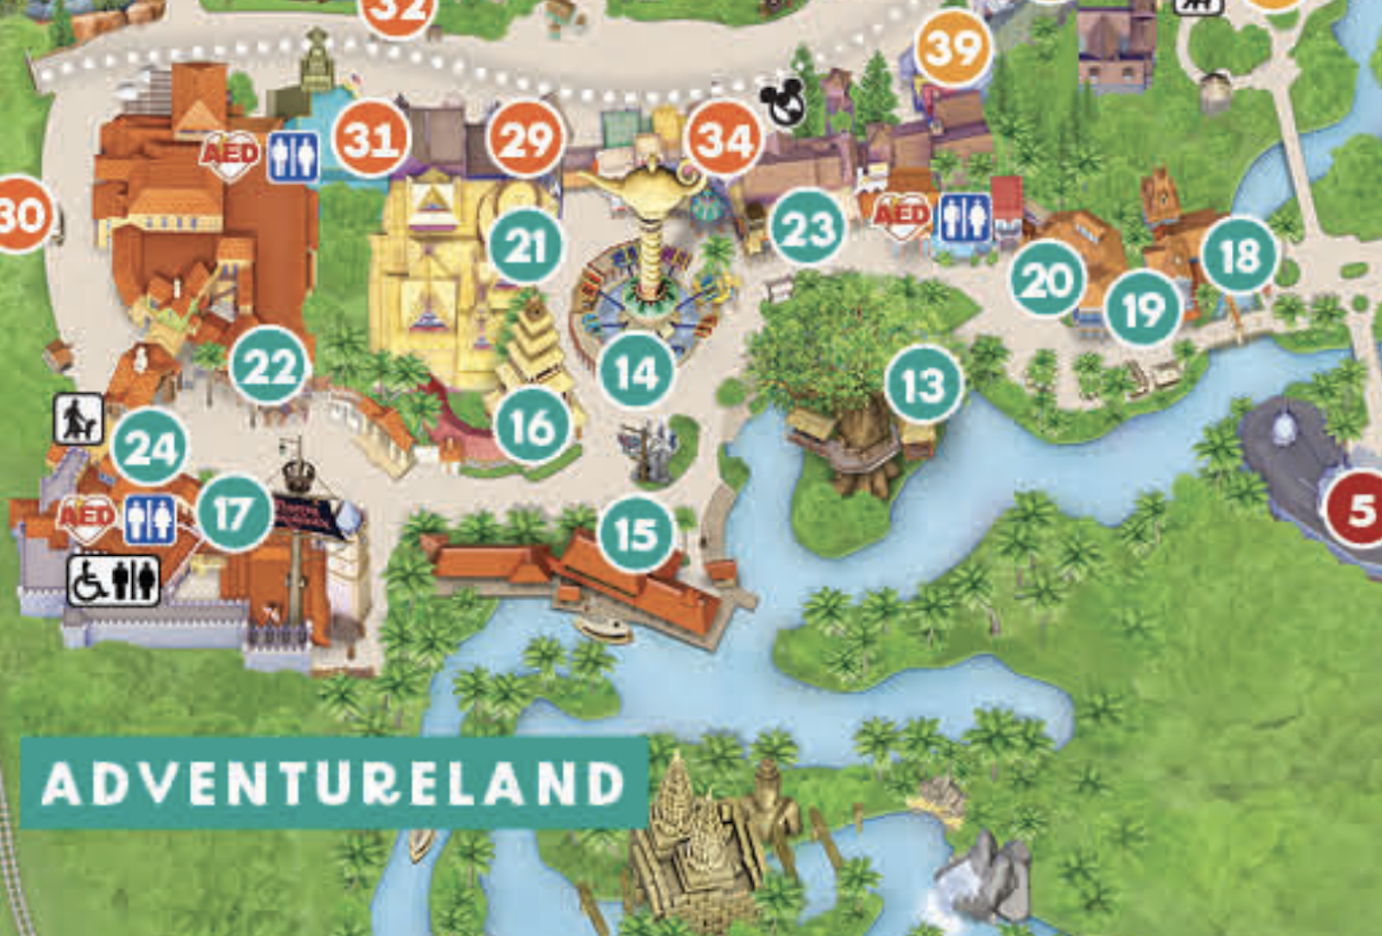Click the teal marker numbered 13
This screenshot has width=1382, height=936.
click(923, 385)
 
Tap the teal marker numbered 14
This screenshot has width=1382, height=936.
click(637, 372)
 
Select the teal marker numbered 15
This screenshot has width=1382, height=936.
click(637, 534)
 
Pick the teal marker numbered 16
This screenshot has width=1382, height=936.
click(532, 427)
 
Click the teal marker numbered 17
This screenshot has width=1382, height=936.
click(234, 514)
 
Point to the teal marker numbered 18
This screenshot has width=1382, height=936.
click(1239, 255)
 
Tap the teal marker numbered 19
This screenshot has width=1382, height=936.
click(1144, 309)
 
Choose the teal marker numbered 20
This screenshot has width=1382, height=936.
click(1048, 280)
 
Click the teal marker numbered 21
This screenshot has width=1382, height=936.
click(526, 247)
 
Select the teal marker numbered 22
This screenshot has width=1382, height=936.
click(269, 366)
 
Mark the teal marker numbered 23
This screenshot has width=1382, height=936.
click(808, 228)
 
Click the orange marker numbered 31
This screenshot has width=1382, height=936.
click(371, 139)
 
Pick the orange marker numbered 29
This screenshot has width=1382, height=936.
click(525, 139)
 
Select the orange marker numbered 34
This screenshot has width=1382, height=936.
click(724, 138)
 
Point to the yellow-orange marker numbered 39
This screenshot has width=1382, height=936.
click(953, 48)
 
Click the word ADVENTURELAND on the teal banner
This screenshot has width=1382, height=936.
click(333, 784)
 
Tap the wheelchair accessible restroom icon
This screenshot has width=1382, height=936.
click(114, 580)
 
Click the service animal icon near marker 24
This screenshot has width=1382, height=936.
click(79, 419)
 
